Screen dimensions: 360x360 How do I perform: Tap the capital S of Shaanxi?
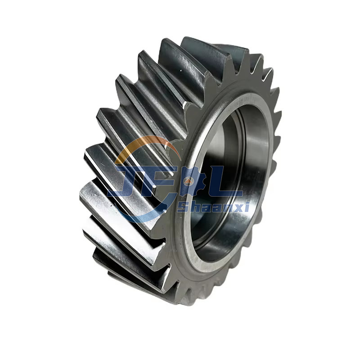click(182, 207)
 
